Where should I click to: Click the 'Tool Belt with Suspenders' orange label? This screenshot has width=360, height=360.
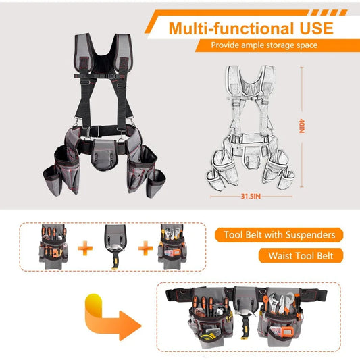279,236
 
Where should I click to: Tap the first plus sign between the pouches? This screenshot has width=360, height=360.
84,249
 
